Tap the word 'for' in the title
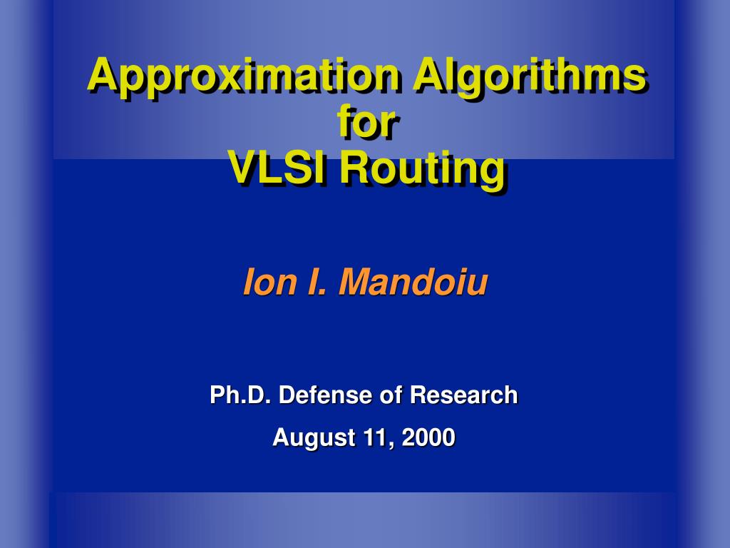pyautogui.click(x=367, y=121)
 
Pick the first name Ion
pyautogui.click(x=270, y=282)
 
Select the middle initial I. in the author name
pyautogui.click(x=317, y=282)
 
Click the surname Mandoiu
pyautogui.click(x=413, y=282)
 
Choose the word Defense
pyautogui.click(x=325, y=395)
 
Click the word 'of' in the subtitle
pyautogui.click(x=391, y=395)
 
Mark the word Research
pyautogui.click(x=463, y=395)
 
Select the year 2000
pyautogui.click(x=428, y=437)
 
